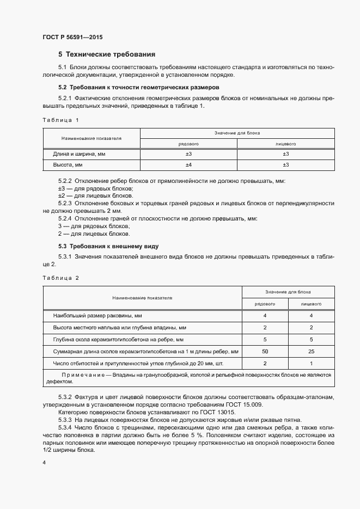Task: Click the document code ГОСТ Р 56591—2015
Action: pyautogui.click(x=72, y=37)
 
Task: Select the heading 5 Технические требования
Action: pyautogui.click(x=107, y=54)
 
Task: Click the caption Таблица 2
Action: pyautogui.click(x=60, y=278)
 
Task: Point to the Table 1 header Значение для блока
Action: pyautogui.click(x=237, y=133)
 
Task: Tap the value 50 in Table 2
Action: pyautogui.click(x=265, y=351)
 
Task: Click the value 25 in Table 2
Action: pyautogui.click(x=311, y=351)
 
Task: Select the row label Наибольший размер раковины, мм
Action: pyautogui.click(x=97, y=316)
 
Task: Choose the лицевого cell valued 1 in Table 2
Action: pyautogui.click(x=311, y=363)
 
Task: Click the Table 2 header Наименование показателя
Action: pyautogui.click(x=142, y=298)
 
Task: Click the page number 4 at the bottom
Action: pyautogui.click(x=44, y=462)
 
